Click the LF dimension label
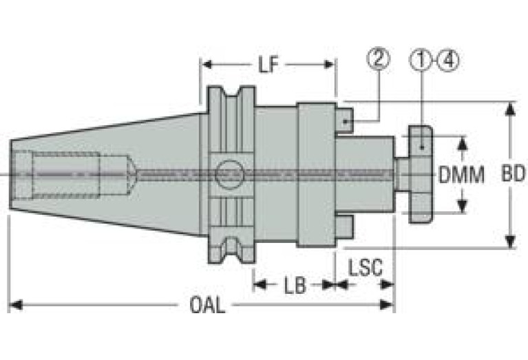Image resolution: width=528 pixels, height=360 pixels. (x=268, y=65)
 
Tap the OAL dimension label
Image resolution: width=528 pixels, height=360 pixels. (x=207, y=305)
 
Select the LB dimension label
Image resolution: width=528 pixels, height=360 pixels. (x=295, y=286)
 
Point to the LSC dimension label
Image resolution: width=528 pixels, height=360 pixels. (x=365, y=267)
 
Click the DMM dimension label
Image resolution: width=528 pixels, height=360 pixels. (x=461, y=175)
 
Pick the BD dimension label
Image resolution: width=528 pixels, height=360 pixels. (x=513, y=174)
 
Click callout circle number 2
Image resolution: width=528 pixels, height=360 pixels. (x=378, y=59)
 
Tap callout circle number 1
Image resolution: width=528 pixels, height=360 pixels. (x=421, y=60)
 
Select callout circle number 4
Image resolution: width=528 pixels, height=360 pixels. (x=448, y=61)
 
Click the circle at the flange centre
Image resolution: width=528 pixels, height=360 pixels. (x=229, y=174)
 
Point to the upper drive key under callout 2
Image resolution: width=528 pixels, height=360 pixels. (x=344, y=120)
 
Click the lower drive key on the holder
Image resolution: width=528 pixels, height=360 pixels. (x=344, y=227)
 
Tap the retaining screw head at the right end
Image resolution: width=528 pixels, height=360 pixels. (x=420, y=174)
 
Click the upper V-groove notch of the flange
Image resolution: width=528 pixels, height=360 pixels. (x=232, y=92)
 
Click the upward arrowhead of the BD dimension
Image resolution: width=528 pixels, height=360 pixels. (x=511, y=109)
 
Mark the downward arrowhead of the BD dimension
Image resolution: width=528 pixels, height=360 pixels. (x=511, y=242)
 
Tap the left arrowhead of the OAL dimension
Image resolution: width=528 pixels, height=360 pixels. (x=16, y=305)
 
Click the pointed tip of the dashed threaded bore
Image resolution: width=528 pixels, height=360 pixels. (x=136, y=174)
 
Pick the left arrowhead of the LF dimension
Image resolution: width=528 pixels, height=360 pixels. (x=207, y=64)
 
